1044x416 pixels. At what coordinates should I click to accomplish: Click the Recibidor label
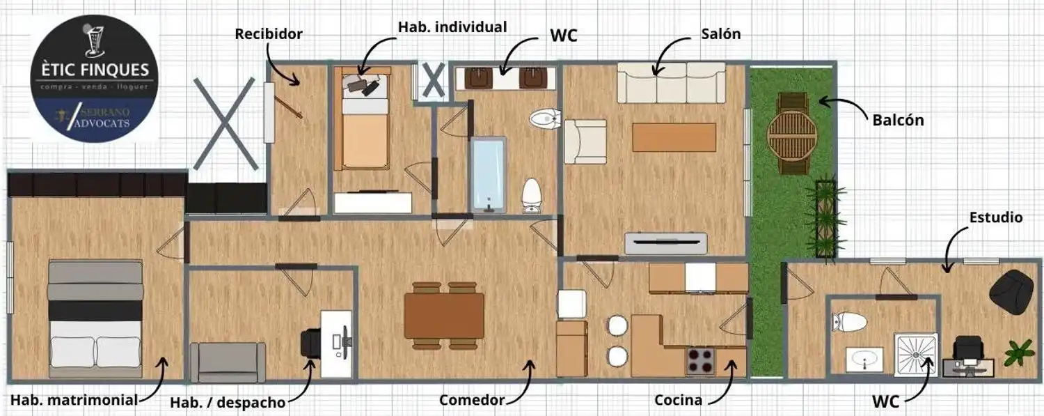point(269,34)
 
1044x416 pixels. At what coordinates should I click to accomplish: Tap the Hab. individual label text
point(452,27)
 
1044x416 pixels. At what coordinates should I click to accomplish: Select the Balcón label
point(898,121)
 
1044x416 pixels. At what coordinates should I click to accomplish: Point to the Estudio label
point(996,217)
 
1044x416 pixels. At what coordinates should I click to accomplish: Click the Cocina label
point(678,400)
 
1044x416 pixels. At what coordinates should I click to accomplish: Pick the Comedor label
point(472,400)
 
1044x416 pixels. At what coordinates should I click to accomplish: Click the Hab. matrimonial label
point(74,400)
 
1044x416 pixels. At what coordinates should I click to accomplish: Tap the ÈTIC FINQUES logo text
point(95,70)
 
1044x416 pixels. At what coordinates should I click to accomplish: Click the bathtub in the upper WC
point(488,175)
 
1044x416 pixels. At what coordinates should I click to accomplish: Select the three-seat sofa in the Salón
point(671,82)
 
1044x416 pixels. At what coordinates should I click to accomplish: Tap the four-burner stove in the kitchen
point(700,361)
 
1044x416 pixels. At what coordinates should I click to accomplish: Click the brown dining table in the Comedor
point(444,315)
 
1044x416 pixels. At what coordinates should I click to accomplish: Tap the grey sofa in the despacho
point(228,362)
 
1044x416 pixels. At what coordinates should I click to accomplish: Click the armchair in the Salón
point(585,141)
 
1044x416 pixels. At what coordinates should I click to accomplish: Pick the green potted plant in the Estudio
point(1019,353)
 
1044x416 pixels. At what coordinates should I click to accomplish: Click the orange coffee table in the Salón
point(674,137)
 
